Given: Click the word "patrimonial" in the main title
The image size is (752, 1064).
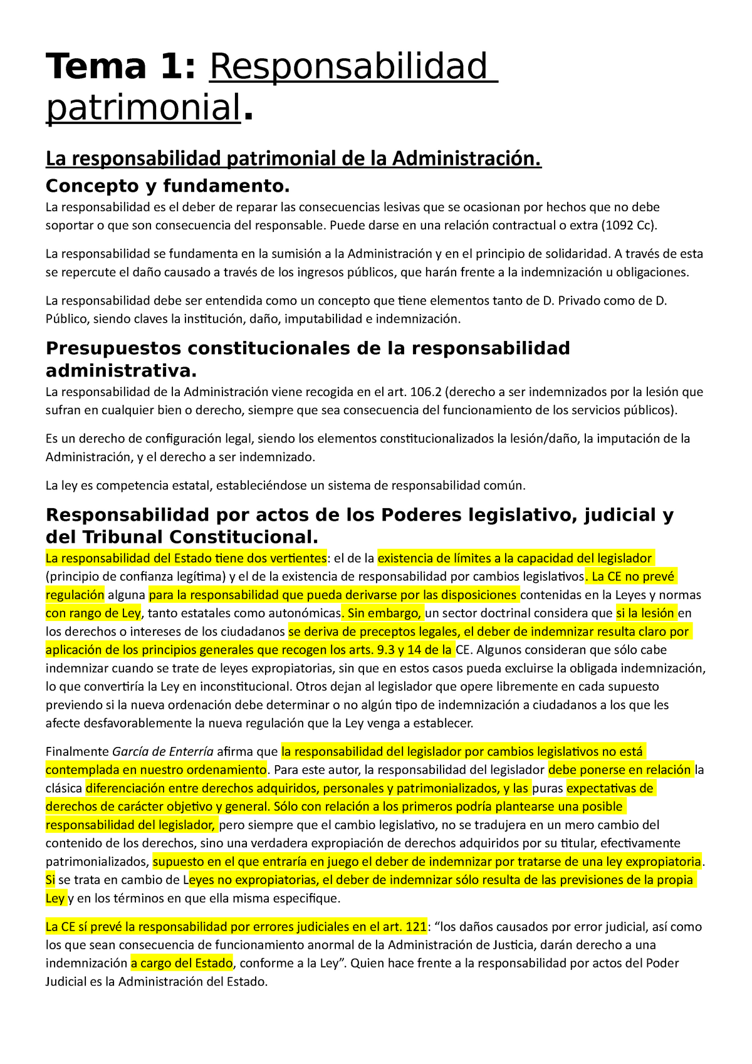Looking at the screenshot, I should click(144, 108).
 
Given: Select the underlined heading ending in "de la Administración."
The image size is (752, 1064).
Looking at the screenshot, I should click(293, 159).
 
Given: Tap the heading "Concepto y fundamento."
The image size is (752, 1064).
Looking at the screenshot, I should click(168, 185).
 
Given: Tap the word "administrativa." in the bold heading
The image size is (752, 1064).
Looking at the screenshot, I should click(121, 371).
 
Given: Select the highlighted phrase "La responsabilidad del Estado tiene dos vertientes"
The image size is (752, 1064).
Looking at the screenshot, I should click(186, 558).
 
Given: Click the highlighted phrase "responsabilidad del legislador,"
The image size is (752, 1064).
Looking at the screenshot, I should click(131, 825).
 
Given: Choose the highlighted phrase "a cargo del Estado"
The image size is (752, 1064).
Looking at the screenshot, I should click(182, 963).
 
